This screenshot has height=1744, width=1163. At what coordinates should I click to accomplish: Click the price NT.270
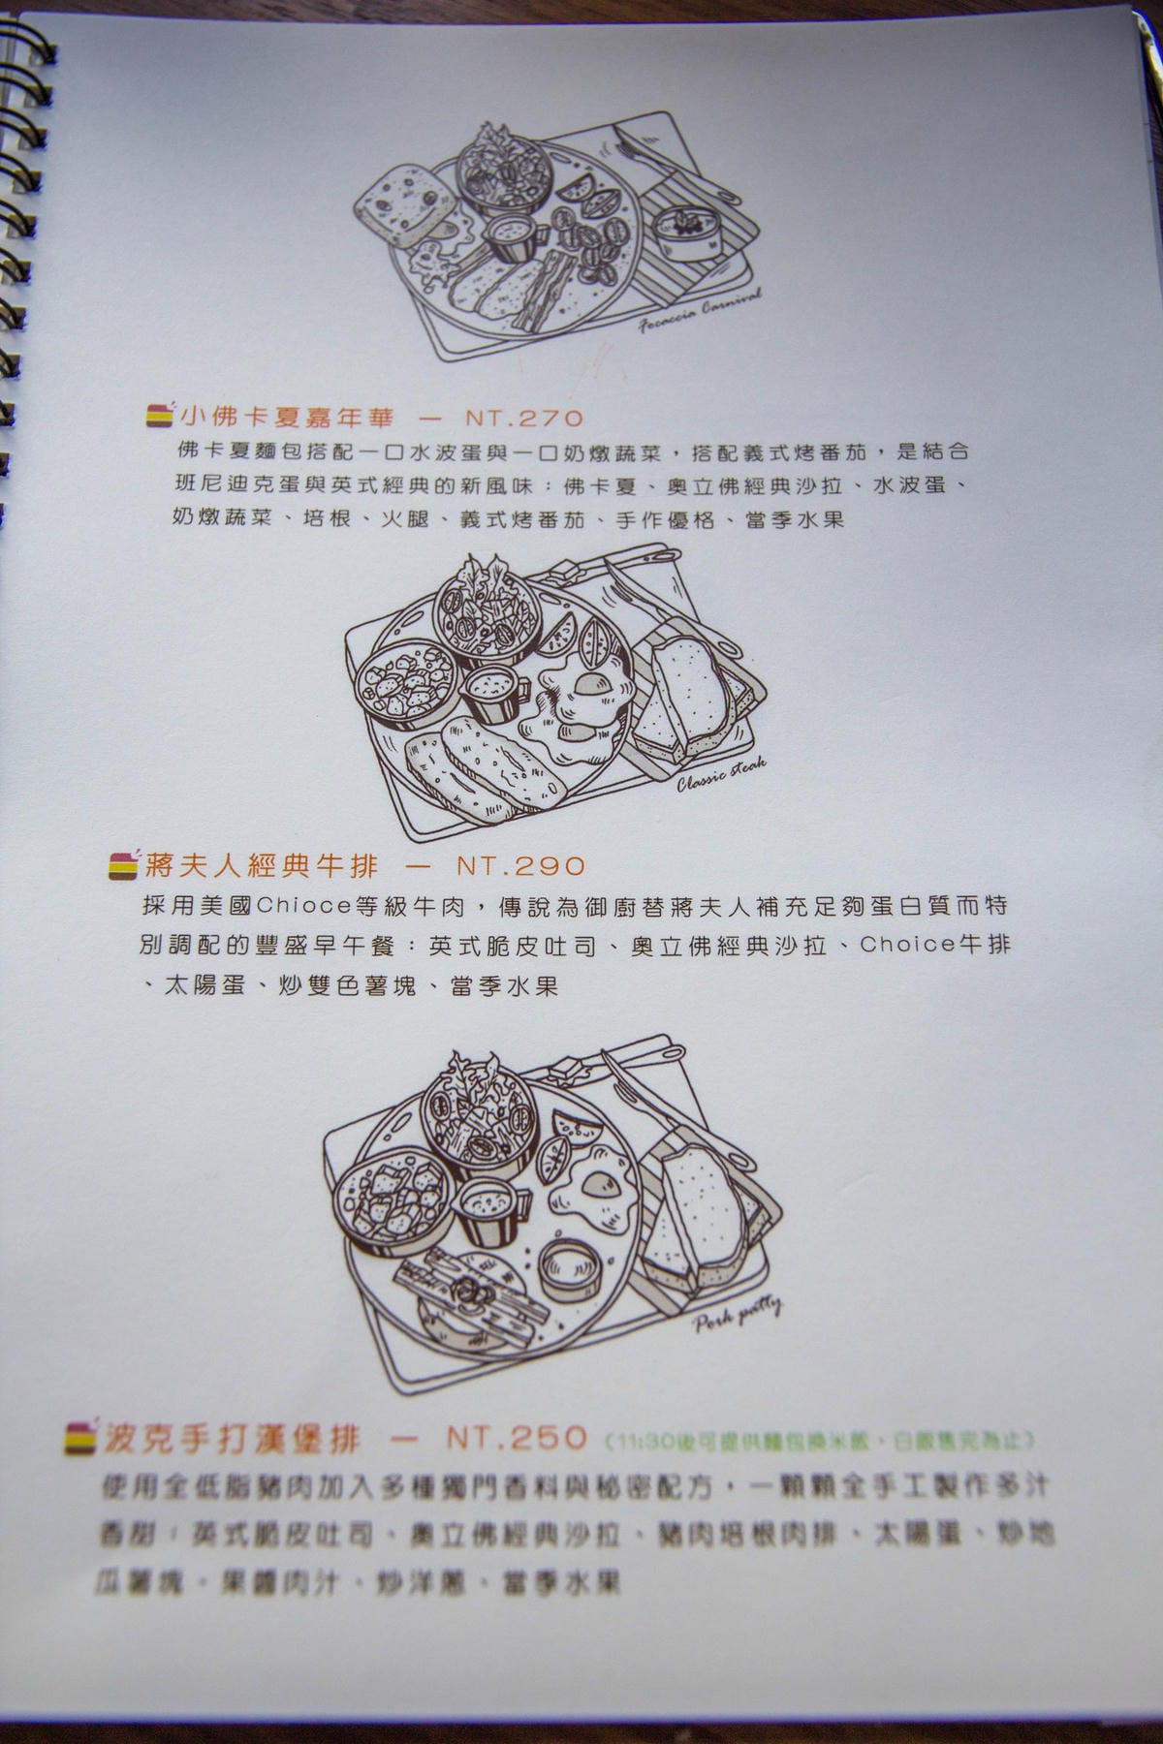pyautogui.click(x=524, y=419)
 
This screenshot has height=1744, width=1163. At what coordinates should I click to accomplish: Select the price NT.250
pyautogui.click(x=518, y=1438)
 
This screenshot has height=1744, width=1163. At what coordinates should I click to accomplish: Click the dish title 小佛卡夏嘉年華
pyautogui.click(x=287, y=419)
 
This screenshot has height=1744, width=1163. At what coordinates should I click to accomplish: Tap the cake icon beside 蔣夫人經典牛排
pyautogui.click(x=124, y=863)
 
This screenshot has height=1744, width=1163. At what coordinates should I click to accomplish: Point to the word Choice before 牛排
pyautogui.click(x=906, y=945)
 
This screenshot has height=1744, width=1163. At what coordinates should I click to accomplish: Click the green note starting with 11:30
pyautogui.click(x=819, y=1441)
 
